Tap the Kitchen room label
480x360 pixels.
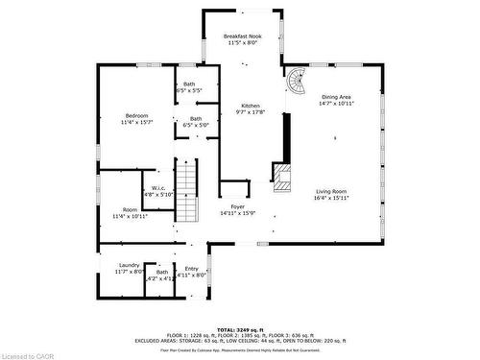pos(250,106)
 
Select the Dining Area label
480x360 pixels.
pos(335,96)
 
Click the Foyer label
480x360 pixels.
pos(237,206)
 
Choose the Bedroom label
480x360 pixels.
pos(136,115)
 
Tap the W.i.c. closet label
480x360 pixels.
pos(158,187)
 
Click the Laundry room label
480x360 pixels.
pos(130,265)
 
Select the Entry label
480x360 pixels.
pos(191,269)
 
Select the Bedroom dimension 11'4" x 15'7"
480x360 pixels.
pos(136,122)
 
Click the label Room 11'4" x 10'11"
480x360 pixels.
pos(130,213)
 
